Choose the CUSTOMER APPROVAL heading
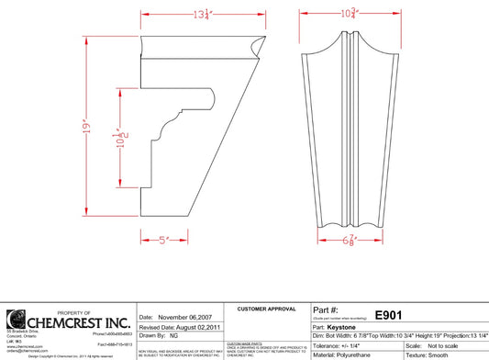[x=265, y=309]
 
